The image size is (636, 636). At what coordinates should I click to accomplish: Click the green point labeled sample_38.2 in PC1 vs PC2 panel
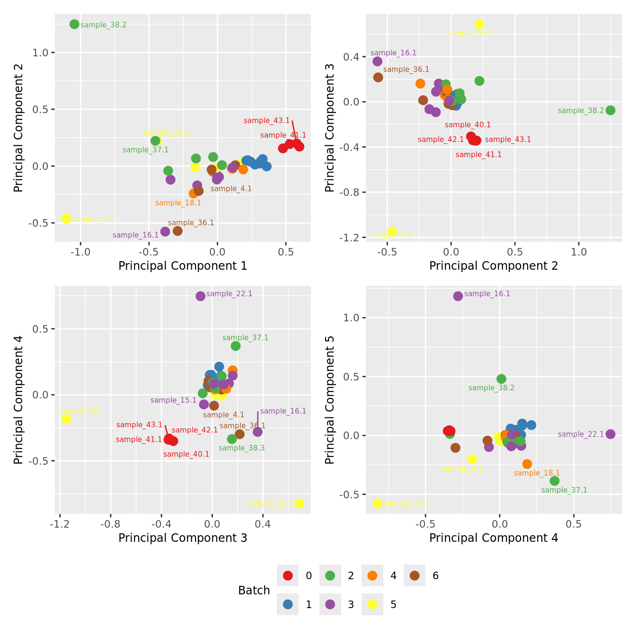pos(74,24)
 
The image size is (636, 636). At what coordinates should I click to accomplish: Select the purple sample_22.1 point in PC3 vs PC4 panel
pos(201,296)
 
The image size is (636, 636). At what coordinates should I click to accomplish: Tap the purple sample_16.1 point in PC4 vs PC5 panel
pos(458,296)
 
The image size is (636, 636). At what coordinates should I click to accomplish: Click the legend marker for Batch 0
pos(288,575)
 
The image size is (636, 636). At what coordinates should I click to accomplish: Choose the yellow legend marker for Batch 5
pos(372,604)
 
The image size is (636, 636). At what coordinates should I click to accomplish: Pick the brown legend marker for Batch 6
pos(415,575)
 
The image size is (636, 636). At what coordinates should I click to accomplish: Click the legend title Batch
pos(254,590)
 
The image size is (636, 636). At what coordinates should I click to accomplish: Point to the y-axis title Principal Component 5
pos(330,400)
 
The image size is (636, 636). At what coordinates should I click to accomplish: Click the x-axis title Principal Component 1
pos(183,266)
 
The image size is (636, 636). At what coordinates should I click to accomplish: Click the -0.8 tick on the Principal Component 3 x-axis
pos(111,524)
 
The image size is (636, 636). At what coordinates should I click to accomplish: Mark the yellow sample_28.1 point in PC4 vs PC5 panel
pos(377,503)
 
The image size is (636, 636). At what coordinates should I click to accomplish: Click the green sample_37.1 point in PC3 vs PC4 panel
pos(236,346)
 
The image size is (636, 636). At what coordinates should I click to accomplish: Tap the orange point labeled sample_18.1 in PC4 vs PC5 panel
pos(527,464)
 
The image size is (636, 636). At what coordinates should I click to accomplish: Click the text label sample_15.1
pos(173,400)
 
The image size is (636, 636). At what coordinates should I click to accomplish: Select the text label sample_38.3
pos(241,448)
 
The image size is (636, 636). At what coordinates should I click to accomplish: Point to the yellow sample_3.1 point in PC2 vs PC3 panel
pos(392,232)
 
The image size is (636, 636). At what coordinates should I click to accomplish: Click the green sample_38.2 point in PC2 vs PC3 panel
pos(610,110)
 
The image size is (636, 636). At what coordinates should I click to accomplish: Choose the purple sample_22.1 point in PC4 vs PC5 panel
pos(610,434)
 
